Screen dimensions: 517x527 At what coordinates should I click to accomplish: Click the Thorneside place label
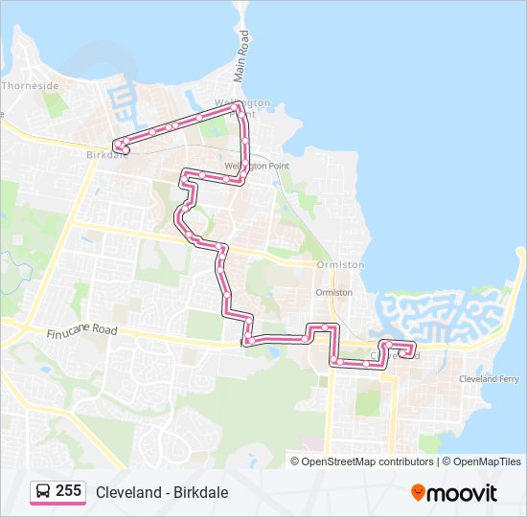[31, 85]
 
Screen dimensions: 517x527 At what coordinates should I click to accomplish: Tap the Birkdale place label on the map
[105, 154]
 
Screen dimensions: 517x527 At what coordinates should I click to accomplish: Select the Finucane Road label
[80, 331]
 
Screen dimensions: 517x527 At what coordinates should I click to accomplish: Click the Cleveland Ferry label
[490, 379]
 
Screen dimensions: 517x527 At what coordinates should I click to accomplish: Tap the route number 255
[68, 491]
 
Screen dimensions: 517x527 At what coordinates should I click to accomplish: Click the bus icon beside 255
[43, 492]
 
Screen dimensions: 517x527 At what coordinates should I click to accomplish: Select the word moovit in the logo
[463, 493]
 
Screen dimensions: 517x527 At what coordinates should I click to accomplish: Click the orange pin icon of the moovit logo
[419, 492]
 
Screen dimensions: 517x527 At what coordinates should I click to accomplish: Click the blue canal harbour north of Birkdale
[123, 100]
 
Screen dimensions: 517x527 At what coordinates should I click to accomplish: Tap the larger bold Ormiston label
[340, 264]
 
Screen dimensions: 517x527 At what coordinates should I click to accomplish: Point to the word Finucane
[66, 331]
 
